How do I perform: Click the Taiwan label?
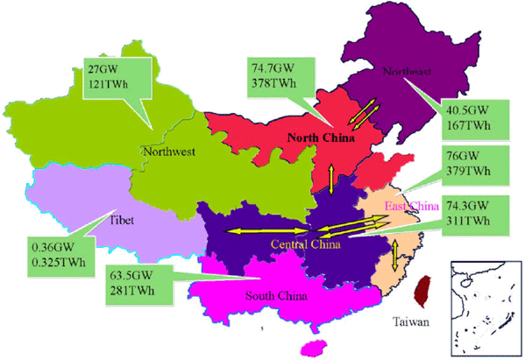click(x=410, y=322)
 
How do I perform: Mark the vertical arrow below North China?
click(x=330, y=179)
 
